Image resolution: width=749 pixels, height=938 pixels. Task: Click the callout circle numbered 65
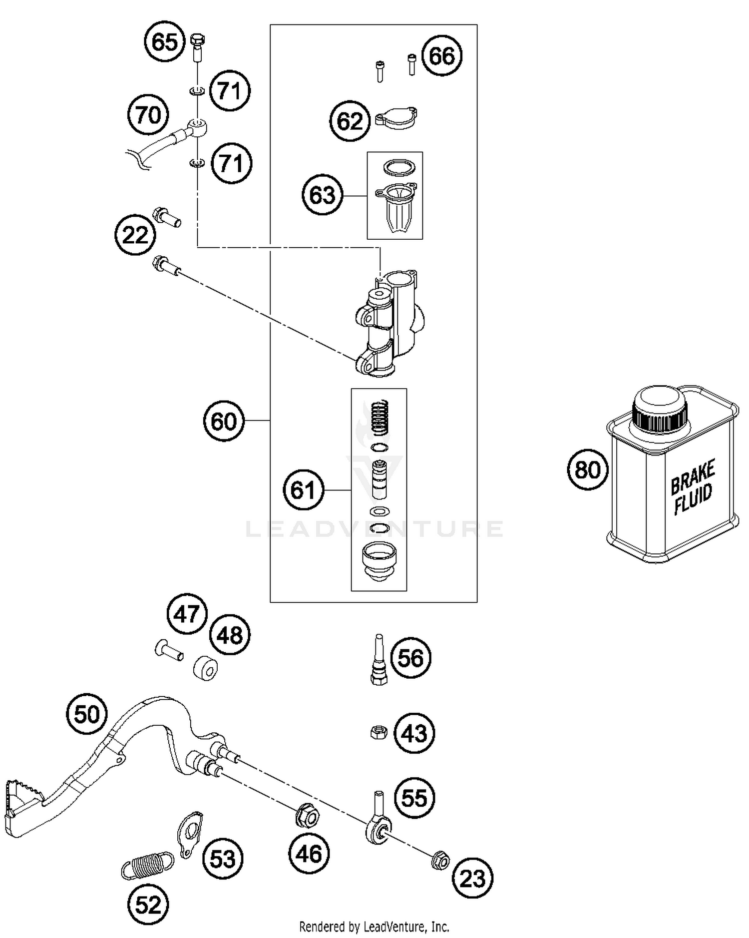coord(165,41)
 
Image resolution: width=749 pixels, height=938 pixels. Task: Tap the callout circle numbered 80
coord(588,469)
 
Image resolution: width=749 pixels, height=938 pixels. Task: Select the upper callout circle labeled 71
coord(230,90)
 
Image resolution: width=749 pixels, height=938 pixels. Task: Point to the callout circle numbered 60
coord(224,421)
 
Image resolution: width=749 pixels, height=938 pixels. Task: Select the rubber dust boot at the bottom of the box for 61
coord(379,562)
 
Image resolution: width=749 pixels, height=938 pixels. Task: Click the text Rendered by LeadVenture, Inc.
coord(374,927)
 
